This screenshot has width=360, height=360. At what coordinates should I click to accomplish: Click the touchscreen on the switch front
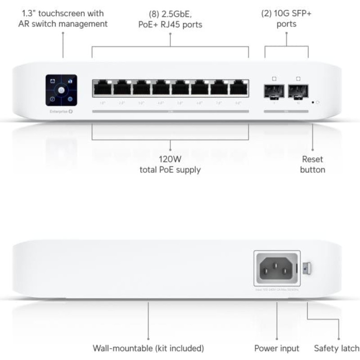tap(61, 90)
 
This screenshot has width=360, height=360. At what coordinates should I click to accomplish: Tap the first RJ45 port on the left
tap(102, 88)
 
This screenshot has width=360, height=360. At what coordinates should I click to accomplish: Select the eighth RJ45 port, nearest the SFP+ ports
tap(239, 88)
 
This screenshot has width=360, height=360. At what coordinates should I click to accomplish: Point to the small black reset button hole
tap(313, 103)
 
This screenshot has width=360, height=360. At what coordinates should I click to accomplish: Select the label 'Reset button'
tap(313, 164)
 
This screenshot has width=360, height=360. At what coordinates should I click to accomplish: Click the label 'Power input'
tap(277, 348)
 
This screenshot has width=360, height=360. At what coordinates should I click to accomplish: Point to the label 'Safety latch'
tap(337, 348)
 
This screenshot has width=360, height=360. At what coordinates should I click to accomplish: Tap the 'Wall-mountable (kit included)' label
tap(148, 348)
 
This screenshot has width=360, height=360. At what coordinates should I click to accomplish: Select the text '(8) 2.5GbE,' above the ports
tap(170, 14)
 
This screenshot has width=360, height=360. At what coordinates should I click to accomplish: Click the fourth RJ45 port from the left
tap(161, 88)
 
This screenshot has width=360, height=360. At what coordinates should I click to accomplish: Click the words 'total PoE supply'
tap(171, 170)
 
